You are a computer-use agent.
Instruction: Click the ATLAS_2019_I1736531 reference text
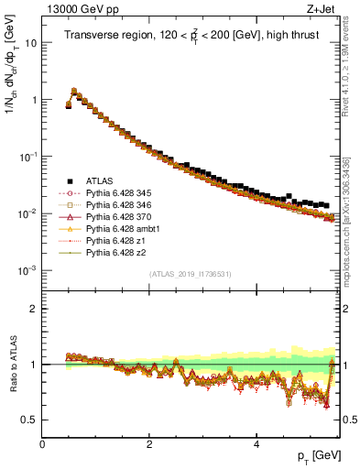(190, 274)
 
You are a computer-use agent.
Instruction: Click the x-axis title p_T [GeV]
(316, 455)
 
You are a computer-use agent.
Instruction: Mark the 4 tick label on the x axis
(256, 444)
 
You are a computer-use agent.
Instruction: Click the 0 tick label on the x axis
(43, 444)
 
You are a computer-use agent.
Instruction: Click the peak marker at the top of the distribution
(73, 91)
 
